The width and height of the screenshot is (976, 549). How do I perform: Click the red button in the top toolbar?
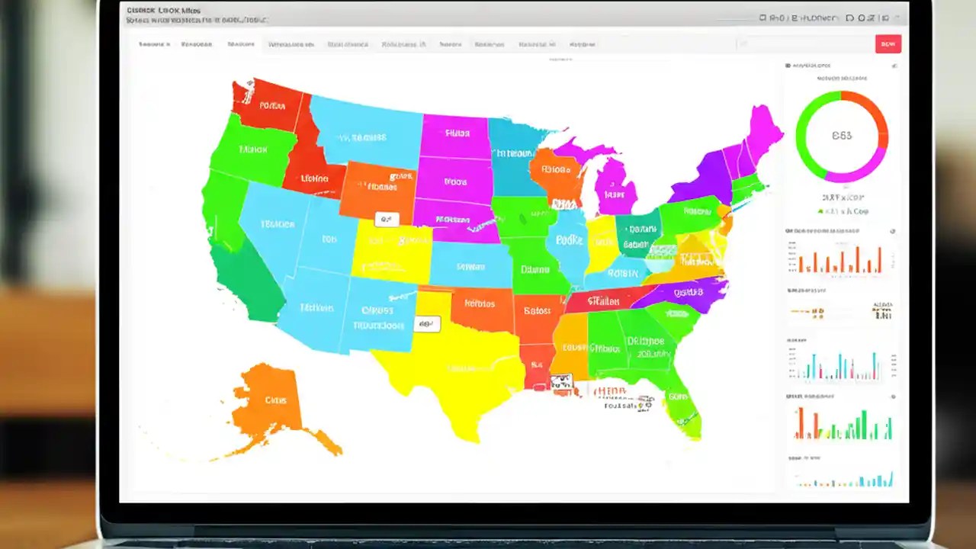888,44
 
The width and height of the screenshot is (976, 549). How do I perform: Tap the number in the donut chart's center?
842,136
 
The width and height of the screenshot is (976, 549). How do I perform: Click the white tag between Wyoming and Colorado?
387,220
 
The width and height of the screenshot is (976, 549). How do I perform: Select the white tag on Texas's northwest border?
427,323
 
